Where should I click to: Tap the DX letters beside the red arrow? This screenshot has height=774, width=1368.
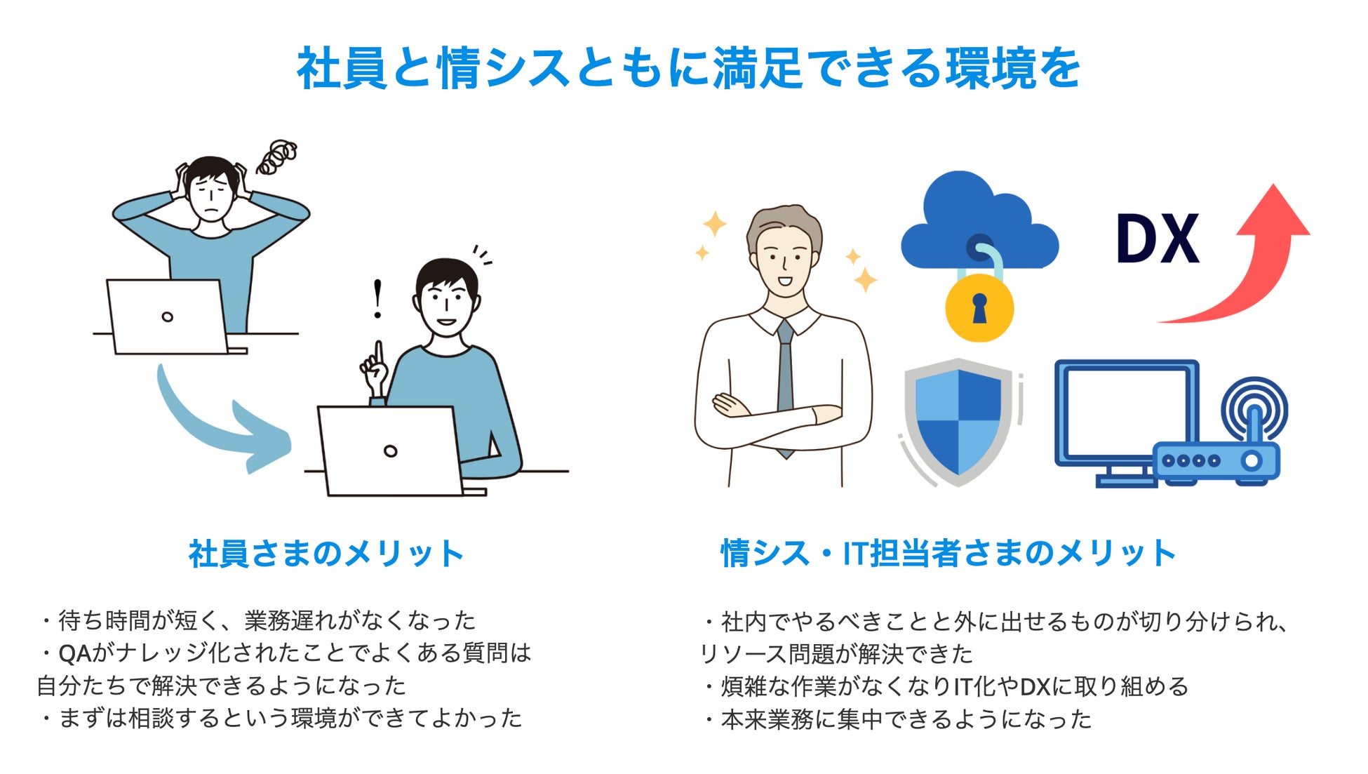1158,239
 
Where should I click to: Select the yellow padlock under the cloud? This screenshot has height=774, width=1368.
979,309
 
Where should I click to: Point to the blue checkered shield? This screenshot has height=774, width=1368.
958,421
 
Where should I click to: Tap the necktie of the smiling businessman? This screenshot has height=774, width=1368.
785,379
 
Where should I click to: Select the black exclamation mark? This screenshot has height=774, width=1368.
378,299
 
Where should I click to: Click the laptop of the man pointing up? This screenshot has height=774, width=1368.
390,451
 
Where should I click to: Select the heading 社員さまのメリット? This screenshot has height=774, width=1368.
326,554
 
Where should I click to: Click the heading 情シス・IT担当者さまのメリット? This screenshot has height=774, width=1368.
948,554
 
